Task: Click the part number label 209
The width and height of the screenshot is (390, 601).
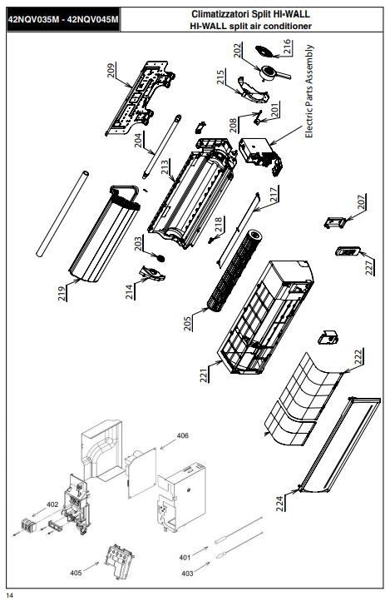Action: [111, 71]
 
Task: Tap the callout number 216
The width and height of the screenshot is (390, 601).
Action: [287, 47]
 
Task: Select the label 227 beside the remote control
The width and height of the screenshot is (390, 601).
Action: [369, 267]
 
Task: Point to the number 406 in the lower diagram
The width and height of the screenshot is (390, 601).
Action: [183, 436]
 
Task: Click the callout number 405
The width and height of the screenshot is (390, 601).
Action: [76, 573]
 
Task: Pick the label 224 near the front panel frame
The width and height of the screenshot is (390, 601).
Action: [280, 504]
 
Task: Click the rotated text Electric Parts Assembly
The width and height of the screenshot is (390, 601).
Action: [309, 92]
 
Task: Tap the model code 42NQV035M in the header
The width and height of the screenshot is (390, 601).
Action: [33, 20]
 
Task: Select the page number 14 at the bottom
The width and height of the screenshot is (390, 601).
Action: [10, 595]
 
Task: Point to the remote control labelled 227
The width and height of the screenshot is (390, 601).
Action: [348, 251]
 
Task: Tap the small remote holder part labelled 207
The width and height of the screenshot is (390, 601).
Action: [335, 222]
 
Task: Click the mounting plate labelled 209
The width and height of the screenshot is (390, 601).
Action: [140, 98]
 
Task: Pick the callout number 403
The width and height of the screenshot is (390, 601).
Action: [187, 574]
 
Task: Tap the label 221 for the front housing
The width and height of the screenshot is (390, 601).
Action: [204, 375]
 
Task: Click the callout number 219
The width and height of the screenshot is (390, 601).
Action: [62, 293]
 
